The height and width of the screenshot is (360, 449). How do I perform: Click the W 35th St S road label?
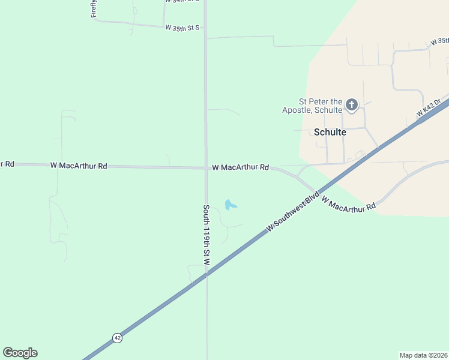(x=182, y=28)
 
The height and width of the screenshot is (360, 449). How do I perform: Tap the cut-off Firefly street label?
(x=94, y=9)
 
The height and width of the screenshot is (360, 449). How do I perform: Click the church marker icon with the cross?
(x=352, y=106)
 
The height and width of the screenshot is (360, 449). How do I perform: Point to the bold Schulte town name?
(x=330, y=132)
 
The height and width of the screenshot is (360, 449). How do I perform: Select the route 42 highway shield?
(x=117, y=338)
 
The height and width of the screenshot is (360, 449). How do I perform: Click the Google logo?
(x=20, y=353)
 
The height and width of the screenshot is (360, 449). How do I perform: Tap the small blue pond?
(x=230, y=205)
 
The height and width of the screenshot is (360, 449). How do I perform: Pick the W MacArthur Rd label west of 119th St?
(x=79, y=166)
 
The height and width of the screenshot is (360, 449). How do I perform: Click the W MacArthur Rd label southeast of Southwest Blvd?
(x=349, y=203)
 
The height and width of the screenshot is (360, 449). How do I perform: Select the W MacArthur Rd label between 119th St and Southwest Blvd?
(x=240, y=167)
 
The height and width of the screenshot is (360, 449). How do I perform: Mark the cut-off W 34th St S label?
(x=182, y=1)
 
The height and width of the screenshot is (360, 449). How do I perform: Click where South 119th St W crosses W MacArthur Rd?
(x=206, y=167)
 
